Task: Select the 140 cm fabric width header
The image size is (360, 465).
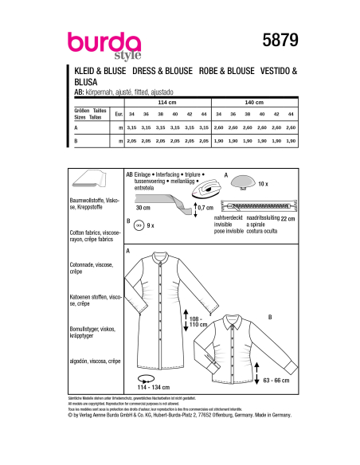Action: [x=253, y=103]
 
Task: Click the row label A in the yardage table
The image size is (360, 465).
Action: [x=75, y=128]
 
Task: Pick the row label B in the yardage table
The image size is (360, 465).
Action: [x=75, y=141]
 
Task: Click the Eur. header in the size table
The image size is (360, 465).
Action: [x=119, y=115]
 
